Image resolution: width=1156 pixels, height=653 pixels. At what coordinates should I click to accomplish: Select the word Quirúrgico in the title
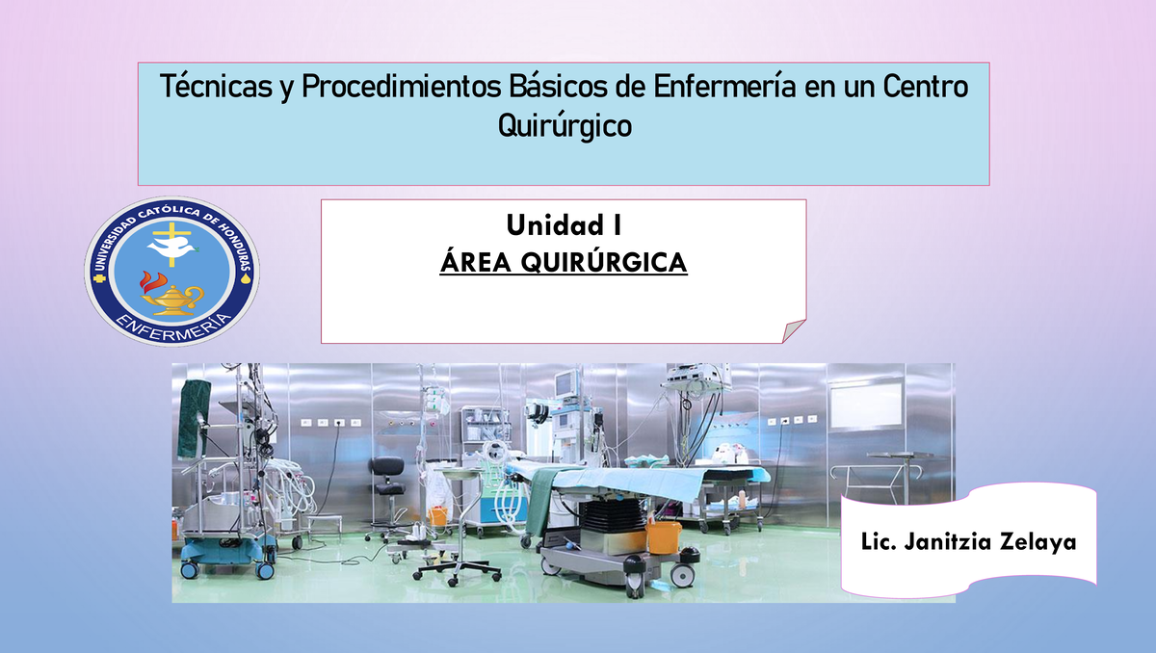tap(564, 125)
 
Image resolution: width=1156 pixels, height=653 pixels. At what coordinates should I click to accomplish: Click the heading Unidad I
tap(564, 227)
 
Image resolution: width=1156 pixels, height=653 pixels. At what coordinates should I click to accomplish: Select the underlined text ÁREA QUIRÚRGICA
tap(564, 262)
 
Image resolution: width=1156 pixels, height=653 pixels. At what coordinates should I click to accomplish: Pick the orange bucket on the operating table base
tap(663, 535)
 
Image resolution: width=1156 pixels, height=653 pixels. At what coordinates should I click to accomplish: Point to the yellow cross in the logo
tap(174, 232)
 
